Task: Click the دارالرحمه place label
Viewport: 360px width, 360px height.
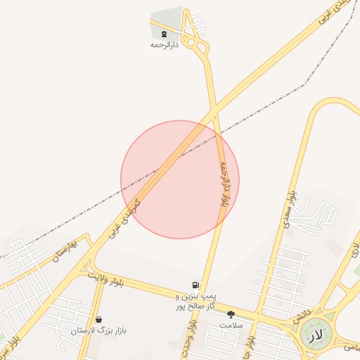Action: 165,44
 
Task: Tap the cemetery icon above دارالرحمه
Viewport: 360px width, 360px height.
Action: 165,33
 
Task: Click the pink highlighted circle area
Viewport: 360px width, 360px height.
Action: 180,180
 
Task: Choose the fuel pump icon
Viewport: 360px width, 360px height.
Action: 194,285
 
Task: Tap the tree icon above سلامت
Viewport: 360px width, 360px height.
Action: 231,314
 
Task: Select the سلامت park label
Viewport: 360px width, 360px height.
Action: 231,326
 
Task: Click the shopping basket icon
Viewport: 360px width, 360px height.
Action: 98,319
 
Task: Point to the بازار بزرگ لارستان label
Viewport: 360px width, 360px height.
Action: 98,330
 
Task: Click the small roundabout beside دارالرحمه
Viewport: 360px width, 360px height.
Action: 203,48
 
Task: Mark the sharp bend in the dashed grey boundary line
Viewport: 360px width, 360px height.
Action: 304,86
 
